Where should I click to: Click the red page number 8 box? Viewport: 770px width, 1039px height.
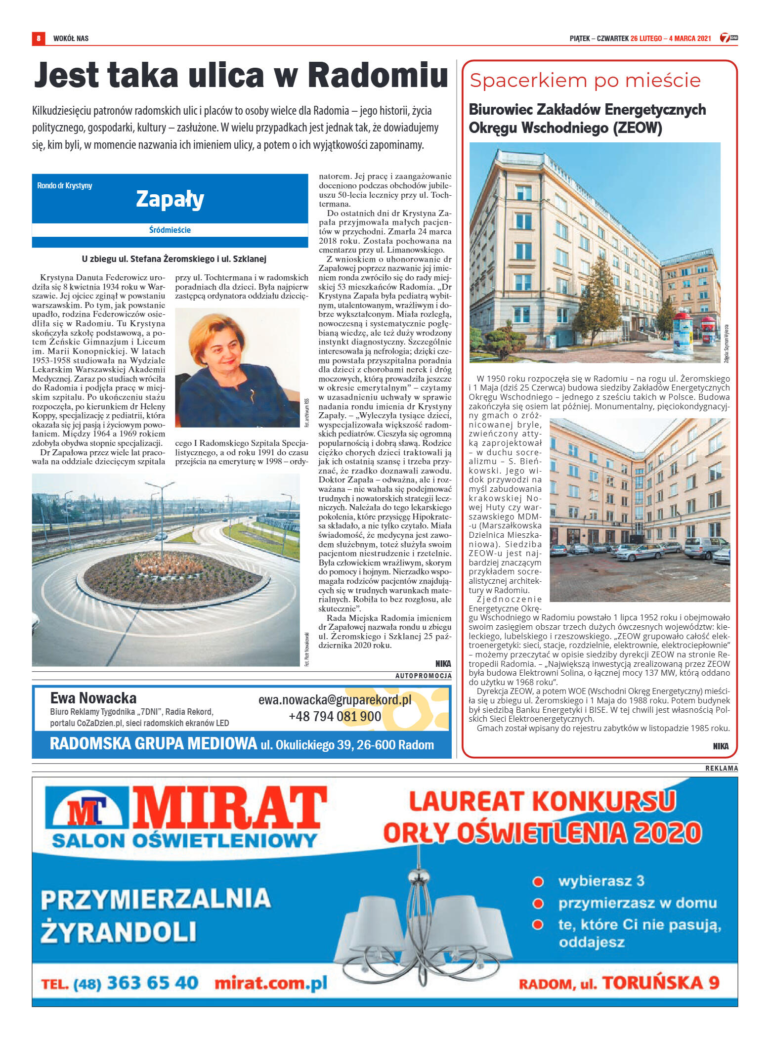coord(39,38)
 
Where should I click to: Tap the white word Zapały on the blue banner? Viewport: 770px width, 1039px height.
coord(170,199)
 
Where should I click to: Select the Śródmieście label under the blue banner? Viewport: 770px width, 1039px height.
coord(170,230)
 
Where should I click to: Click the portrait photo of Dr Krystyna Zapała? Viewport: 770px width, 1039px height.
coord(237,367)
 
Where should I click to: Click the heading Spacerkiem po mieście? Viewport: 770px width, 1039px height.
coord(585,80)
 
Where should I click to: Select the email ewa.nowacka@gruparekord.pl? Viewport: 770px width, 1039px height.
coord(335,700)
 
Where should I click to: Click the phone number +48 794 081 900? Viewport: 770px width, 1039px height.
coord(335,716)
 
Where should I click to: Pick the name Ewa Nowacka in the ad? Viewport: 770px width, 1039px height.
coord(93,698)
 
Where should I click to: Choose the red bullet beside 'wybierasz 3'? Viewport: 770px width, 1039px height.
coord(538,881)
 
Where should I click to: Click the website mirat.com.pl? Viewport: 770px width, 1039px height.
coord(271,983)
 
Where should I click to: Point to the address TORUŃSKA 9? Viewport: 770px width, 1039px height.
coord(661,983)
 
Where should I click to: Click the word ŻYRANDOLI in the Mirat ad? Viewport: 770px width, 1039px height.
coord(119,932)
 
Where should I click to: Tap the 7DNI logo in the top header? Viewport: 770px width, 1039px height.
coord(728,38)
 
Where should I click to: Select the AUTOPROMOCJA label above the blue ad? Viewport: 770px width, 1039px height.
coord(423,676)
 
